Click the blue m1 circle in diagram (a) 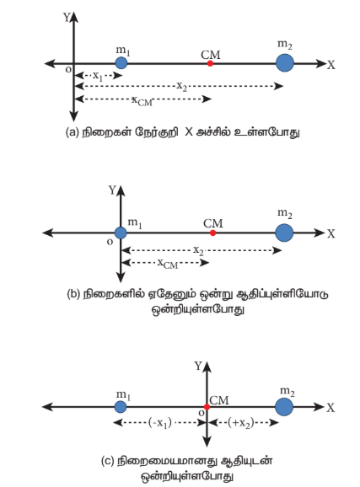click(x=121, y=63)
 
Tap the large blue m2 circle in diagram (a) click(x=285, y=62)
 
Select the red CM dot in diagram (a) click(x=210, y=63)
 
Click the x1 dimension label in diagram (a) click(x=98, y=76)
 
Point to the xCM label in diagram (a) click(x=142, y=101)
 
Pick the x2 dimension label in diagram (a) click(x=182, y=86)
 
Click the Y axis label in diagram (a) click(x=67, y=18)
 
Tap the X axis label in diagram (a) click(x=331, y=65)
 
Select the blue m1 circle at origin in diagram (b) click(x=121, y=233)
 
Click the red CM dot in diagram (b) click(x=212, y=233)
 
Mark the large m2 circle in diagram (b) click(x=284, y=233)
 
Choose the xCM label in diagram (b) click(x=168, y=264)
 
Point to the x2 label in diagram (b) click(x=198, y=250)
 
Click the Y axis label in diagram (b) click(x=112, y=190)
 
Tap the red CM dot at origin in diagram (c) click(x=207, y=407)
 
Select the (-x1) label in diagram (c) click(x=160, y=423)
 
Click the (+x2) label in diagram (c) click(x=241, y=423)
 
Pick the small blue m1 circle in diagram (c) click(x=121, y=407)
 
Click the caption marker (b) click(x=73, y=293)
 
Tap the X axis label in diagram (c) click(x=330, y=408)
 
